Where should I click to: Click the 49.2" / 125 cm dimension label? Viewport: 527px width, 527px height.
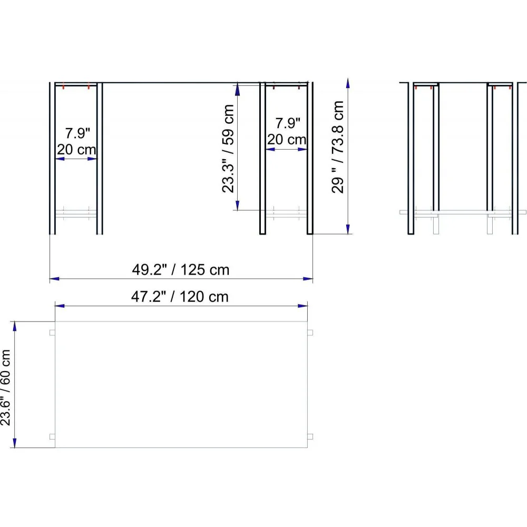click(x=180, y=269)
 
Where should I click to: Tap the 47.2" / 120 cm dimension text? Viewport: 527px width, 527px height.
click(x=180, y=297)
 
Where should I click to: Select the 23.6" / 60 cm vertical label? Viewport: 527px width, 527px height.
click(x=6, y=387)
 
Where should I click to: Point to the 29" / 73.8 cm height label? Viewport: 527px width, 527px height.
click(x=338, y=147)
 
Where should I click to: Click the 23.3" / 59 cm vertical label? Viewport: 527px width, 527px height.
click(x=228, y=148)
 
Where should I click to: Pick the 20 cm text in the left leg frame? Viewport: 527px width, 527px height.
click(x=76, y=150)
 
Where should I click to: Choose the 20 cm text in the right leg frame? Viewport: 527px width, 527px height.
click(x=287, y=140)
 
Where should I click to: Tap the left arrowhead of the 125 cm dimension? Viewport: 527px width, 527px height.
click(x=54, y=279)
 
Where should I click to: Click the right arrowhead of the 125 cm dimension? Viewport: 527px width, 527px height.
click(x=308, y=279)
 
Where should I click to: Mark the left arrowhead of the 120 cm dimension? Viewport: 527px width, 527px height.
click(x=60, y=306)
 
